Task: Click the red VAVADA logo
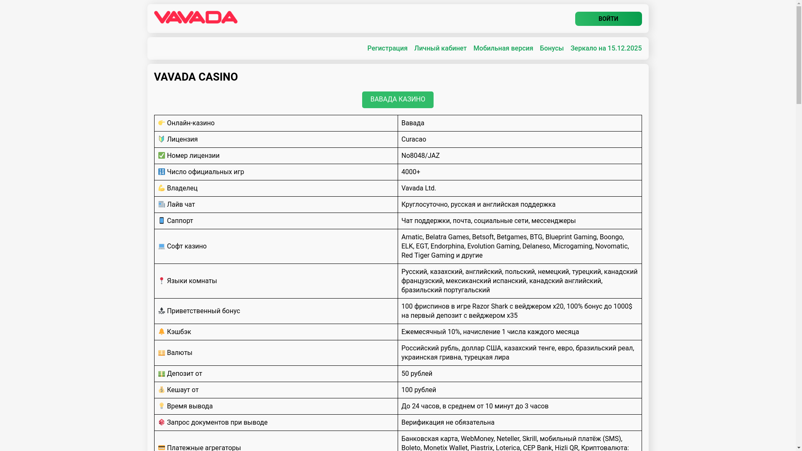tap(195, 18)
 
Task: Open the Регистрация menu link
tap(387, 48)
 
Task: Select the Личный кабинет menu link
tap(440, 48)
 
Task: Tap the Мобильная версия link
tap(503, 48)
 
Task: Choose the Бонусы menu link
tap(551, 48)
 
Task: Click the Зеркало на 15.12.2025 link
tap(606, 48)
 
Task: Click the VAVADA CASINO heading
tap(196, 77)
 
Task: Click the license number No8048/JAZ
tap(420, 156)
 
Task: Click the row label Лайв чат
tap(181, 205)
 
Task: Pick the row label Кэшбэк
tap(179, 332)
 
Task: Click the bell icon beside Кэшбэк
tap(162, 332)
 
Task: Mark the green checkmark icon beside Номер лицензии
tap(162, 155)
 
